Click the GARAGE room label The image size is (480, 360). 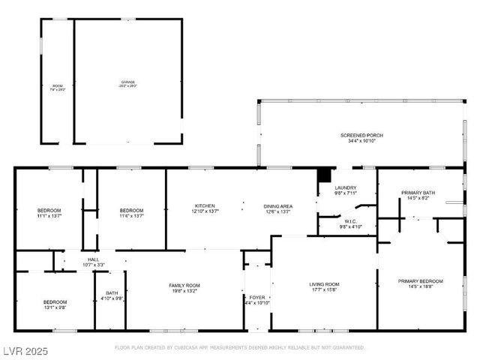(x=128, y=81)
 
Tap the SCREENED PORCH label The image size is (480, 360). (x=361, y=135)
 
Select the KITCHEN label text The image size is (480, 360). (x=205, y=206)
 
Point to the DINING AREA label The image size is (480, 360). (x=277, y=206)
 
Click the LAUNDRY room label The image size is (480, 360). (x=345, y=187)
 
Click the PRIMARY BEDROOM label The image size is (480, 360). (x=420, y=281)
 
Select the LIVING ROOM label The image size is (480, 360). (x=325, y=284)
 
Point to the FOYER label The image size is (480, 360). (x=257, y=297)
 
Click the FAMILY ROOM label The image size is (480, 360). (x=184, y=285)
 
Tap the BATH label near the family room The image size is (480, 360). (x=112, y=293)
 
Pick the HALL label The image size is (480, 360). (x=94, y=259)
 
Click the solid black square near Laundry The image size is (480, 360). (x=324, y=176)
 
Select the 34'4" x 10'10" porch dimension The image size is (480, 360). (x=361, y=141)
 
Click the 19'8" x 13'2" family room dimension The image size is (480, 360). (x=184, y=291)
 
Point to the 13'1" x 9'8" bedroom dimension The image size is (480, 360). (x=55, y=307)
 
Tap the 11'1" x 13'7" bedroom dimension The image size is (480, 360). (x=49, y=216)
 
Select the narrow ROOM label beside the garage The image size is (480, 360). (x=58, y=86)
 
